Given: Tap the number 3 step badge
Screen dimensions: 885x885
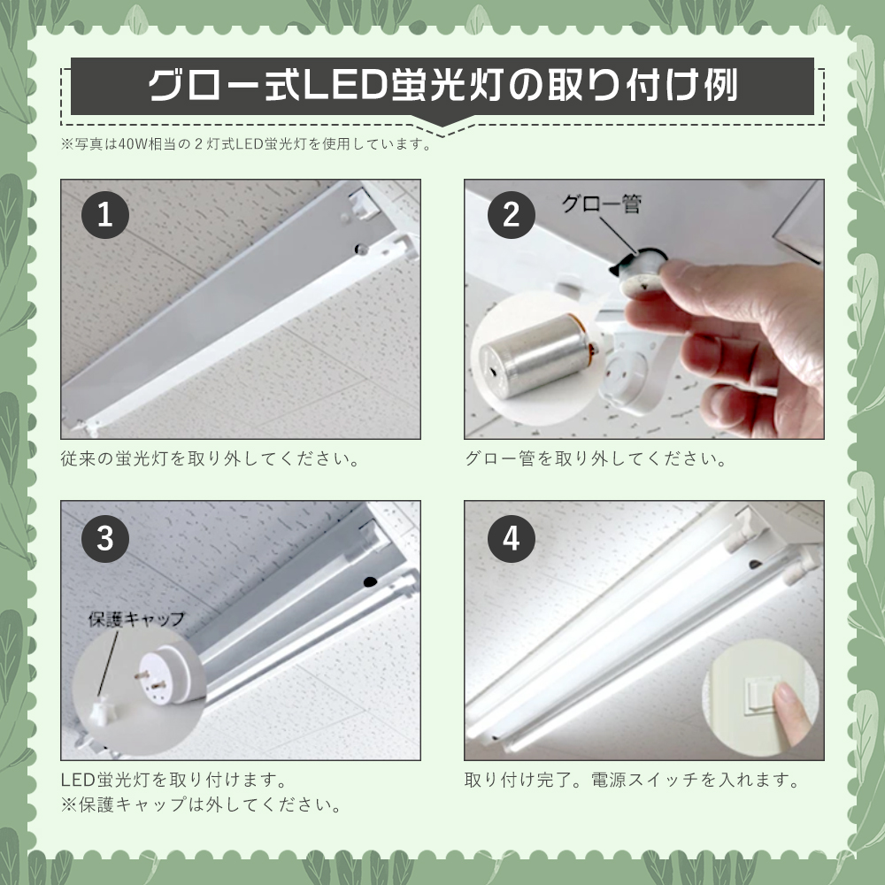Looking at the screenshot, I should point(105,540).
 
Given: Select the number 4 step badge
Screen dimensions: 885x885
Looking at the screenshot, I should point(511,540).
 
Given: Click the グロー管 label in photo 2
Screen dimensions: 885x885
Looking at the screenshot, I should point(601,205).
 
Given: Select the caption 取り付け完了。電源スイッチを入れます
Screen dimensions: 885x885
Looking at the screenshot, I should point(632,781).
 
